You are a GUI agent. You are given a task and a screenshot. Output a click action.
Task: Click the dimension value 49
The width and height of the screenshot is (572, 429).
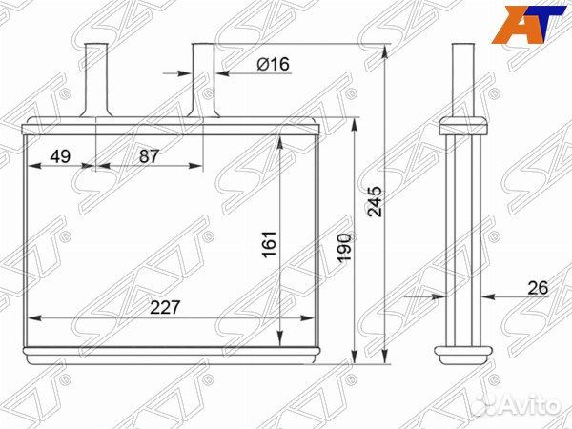(60, 156)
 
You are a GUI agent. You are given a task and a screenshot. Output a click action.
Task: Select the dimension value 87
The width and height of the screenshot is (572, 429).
(150, 156)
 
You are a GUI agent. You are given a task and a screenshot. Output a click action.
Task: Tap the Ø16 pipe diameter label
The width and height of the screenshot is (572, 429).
(273, 65)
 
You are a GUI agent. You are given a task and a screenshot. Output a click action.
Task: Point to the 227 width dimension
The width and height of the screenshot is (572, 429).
(165, 308)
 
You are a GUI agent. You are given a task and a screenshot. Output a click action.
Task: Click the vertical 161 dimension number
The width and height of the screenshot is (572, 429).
(270, 244)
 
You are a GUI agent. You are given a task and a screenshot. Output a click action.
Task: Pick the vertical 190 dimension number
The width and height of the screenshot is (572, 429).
(344, 248)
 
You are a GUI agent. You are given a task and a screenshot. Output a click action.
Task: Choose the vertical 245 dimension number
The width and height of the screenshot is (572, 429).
(375, 202)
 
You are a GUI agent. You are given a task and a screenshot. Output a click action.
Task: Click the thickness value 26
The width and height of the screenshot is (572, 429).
(538, 288)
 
